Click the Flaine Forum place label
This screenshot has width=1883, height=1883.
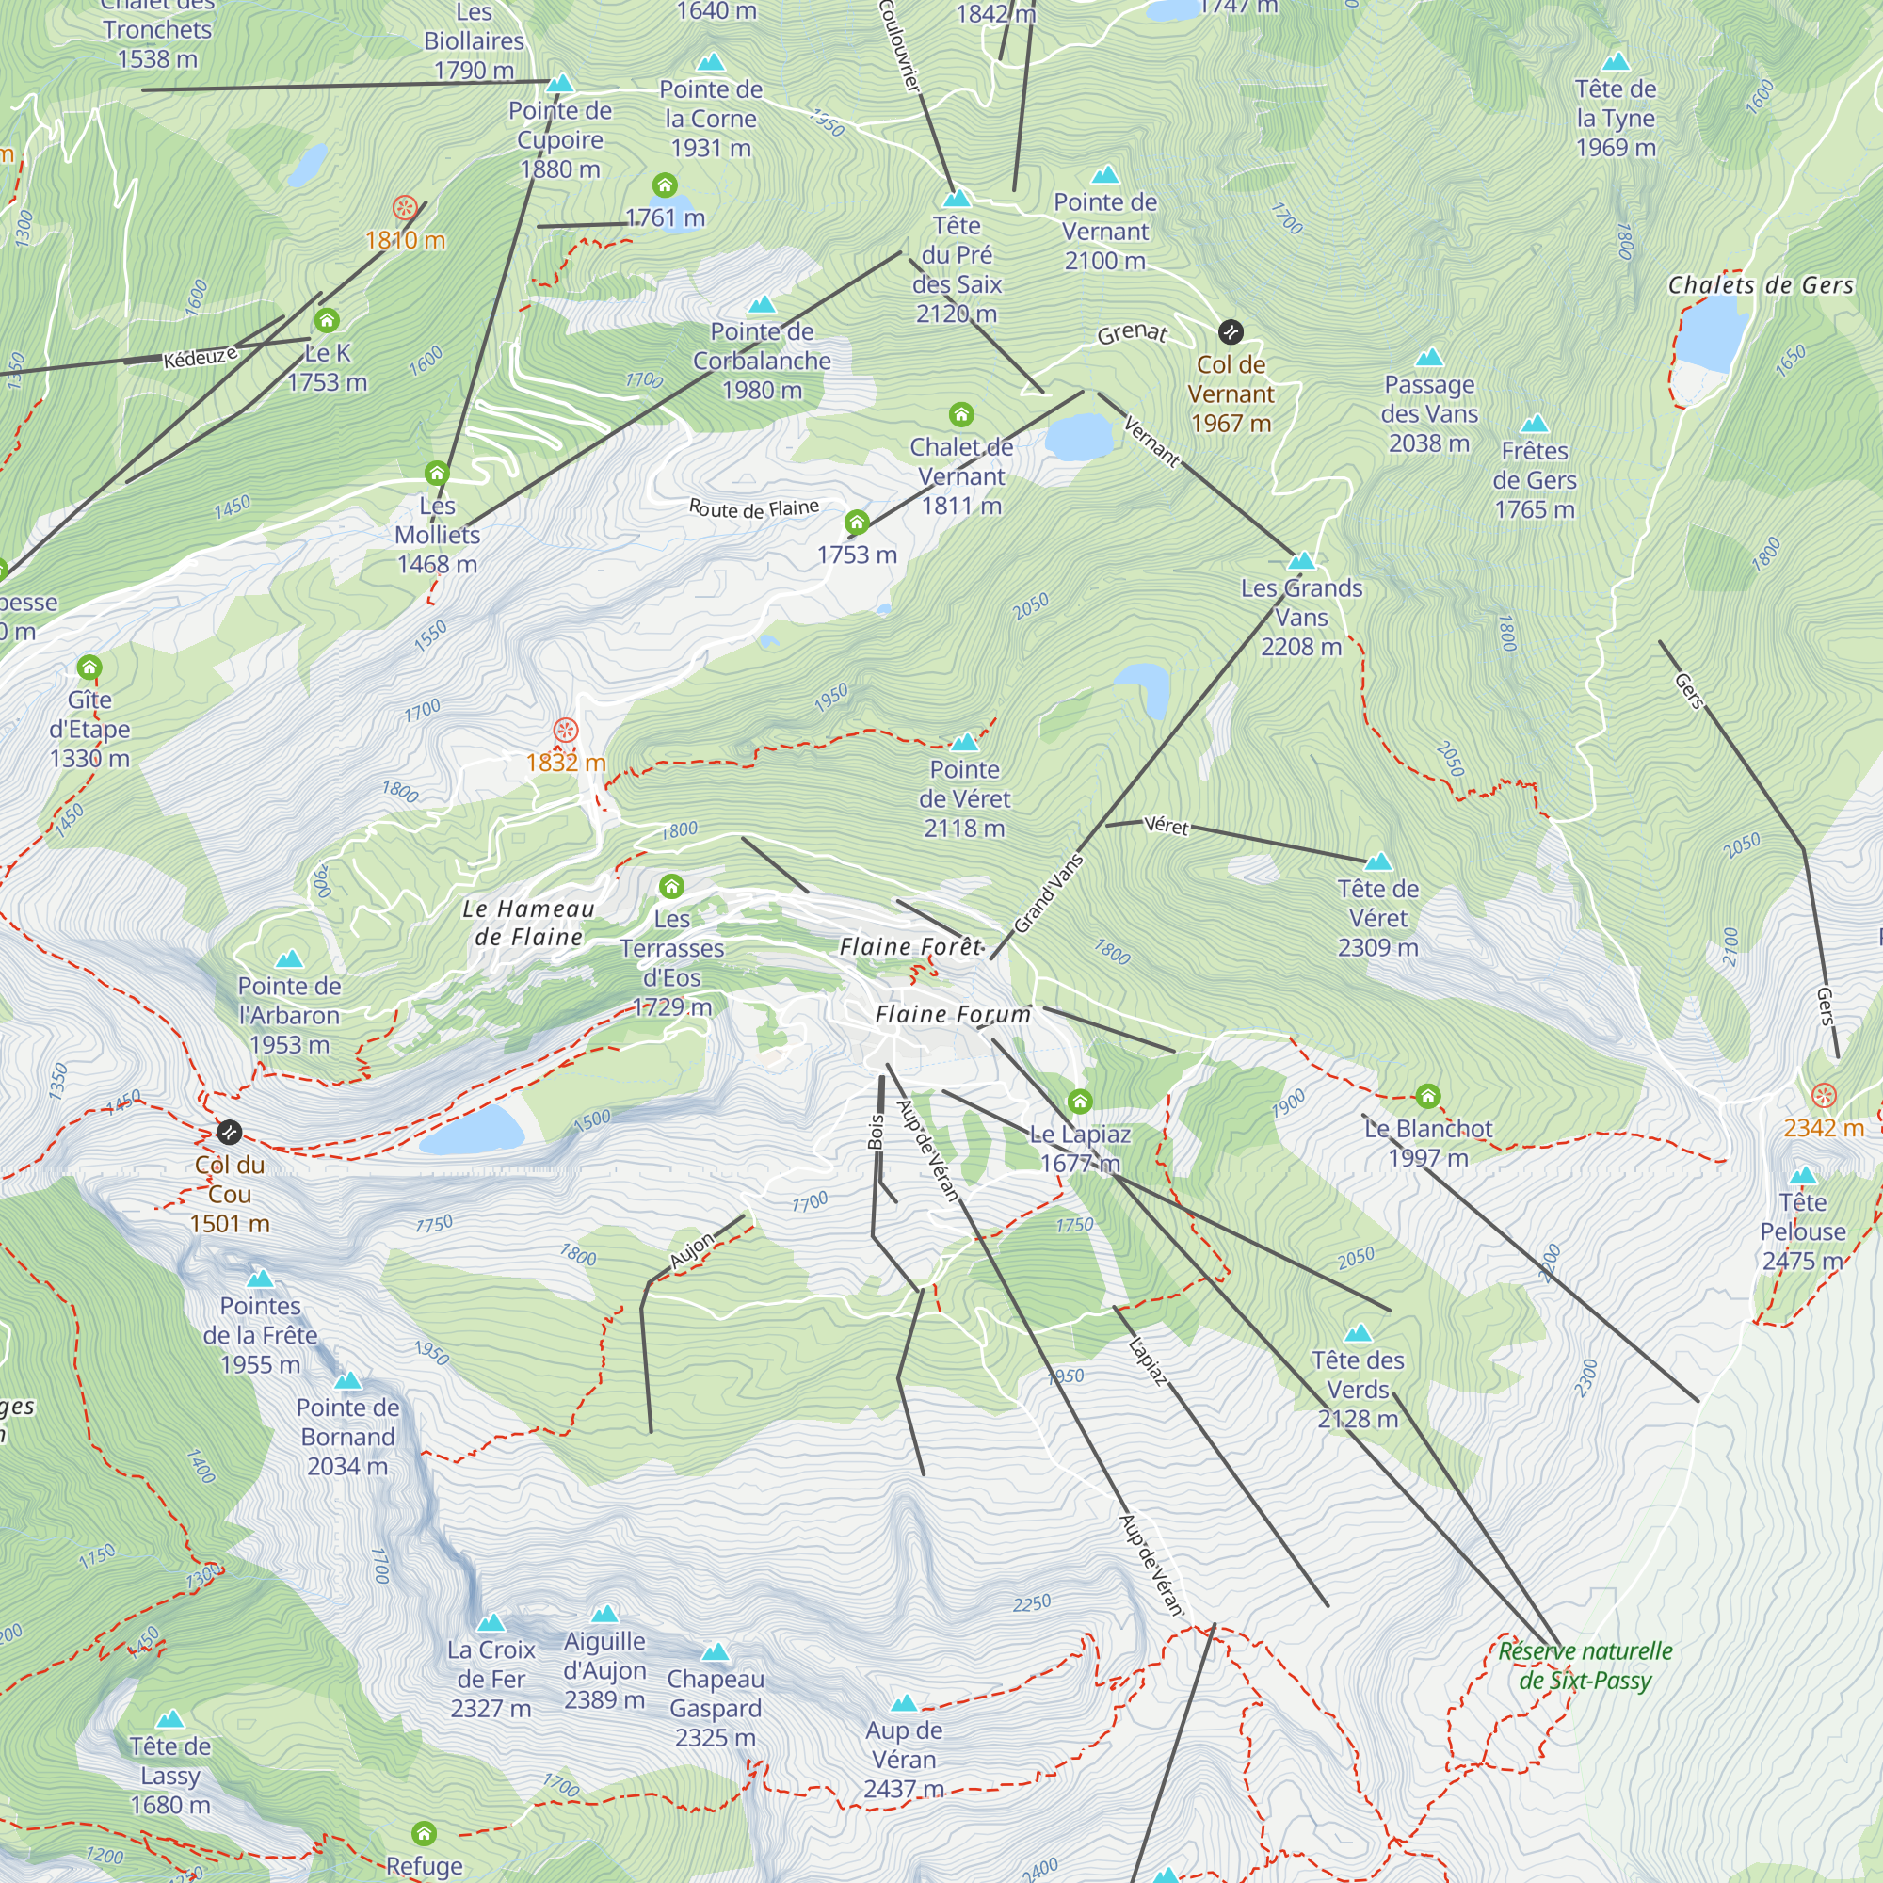(952, 1015)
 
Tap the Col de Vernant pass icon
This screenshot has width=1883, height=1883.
(1231, 331)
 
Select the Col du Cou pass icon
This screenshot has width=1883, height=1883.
(229, 1132)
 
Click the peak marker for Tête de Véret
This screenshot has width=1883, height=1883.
(1378, 861)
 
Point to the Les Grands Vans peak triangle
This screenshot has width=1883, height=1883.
(1301, 560)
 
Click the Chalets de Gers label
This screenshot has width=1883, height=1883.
(1761, 285)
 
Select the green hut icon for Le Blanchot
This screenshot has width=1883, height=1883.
(1428, 1096)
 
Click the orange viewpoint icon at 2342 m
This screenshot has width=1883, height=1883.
(1824, 1095)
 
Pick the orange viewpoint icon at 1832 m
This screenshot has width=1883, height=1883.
(565, 730)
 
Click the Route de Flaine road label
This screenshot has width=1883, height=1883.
(753, 508)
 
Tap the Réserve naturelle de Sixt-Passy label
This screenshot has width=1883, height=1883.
(1585, 1666)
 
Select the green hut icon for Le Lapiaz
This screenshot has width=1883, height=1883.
(1079, 1102)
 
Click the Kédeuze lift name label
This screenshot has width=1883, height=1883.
(200, 357)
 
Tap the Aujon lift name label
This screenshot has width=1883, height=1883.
(692, 1249)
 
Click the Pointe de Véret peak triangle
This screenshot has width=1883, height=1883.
(964, 742)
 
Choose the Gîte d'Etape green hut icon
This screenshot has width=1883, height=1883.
(89, 668)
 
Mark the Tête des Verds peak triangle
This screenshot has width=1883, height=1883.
(1358, 1332)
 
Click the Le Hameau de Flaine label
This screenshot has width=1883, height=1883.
(528, 923)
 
